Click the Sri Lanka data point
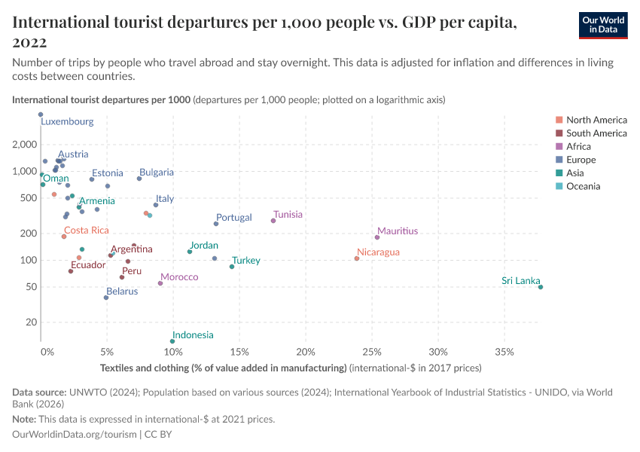[x=541, y=287]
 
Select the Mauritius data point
[x=377, y=237]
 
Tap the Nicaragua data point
[x=357, y=258]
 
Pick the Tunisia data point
[x=273, y=221]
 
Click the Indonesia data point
[x=172, y=341]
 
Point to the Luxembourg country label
[x=67, y=121]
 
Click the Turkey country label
[x=246, y=261]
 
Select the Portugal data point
[x=216, y=224]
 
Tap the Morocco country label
[x=179, y=277]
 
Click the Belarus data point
[x=106, y=298]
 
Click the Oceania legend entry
[x=583, y=186]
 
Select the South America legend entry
[x=596, y=133]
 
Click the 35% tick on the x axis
[x=504, y=353]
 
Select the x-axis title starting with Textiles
[x=224, y=368]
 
